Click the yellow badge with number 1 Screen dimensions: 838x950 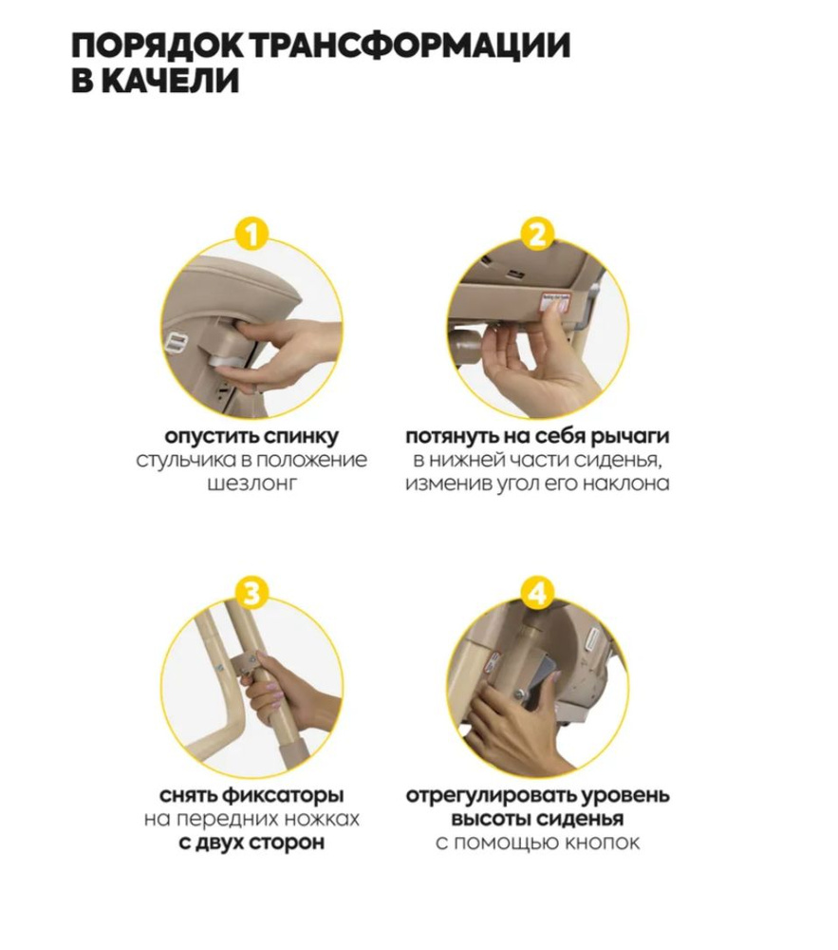251,234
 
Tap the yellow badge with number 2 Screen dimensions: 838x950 537,234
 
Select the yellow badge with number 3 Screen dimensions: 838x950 251,593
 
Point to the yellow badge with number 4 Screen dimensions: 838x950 537,593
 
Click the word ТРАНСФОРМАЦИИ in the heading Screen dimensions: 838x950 410,46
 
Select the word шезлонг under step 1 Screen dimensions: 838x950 251,484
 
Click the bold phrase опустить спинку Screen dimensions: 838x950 251,436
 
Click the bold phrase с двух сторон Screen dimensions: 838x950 251,843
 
